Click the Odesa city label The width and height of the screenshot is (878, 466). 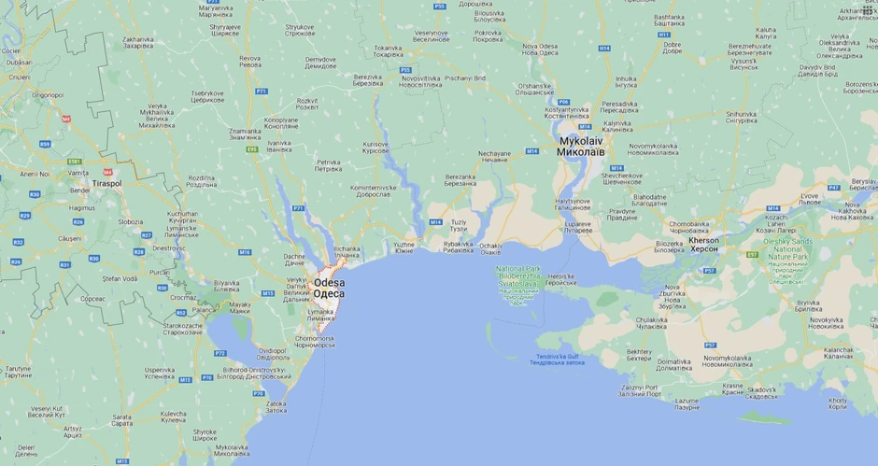(329, 288)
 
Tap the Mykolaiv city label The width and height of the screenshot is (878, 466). (582, 146)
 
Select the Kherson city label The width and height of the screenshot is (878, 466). (703, 244)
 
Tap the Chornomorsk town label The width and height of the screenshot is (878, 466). (315, 341)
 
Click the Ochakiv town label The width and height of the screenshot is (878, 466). (490, 249)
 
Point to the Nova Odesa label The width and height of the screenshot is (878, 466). (541, 49)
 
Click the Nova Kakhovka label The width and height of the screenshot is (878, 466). (851, 214)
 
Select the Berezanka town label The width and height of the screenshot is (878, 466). (460, 179)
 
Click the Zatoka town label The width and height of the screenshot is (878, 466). (276, 407)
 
